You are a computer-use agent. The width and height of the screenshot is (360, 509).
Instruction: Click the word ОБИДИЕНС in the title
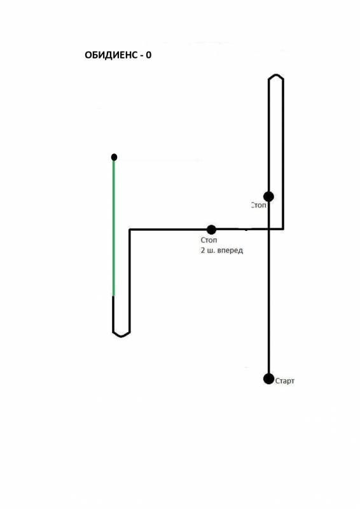pyautogui.click(x=111, y=55)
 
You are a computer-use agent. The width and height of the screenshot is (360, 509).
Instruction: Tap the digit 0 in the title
pyautogui.click(x=148, y=55)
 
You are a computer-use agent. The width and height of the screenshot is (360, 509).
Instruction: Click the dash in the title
pyautogui.click(x=142, y=56)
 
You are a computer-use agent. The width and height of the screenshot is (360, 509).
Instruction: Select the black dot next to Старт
pyautogui.click(x=269, y=379)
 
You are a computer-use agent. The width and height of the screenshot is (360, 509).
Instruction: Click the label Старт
pyautogui.click(x=285, y=381)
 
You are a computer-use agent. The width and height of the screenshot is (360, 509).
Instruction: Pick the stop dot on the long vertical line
pyautogui.click(x=269, y=197)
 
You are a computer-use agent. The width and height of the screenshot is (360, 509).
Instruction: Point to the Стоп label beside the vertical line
pyautogui.click(x=259, y=205)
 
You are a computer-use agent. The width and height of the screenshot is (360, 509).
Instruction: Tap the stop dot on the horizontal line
pyautogui.click(x=211, y=230)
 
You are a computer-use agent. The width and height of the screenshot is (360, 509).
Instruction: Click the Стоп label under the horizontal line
pyautogui.click(x=209, y=240)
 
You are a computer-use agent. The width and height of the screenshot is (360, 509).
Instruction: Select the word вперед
pyautogui.click(x=230, y=251)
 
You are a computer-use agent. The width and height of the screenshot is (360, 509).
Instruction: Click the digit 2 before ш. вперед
pyautogui.click(x=203, y=250)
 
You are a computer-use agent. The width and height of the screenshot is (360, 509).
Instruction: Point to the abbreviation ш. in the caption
pyautogui.click(x=211, y=251)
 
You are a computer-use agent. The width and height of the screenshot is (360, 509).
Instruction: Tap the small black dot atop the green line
pyautogui.click(x=114, y=157)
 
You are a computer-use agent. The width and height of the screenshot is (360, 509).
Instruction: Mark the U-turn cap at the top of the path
pyautogui.click(x=276, y=76)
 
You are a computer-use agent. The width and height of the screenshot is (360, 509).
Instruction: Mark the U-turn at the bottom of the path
pyautogui.click(x=121, y=334)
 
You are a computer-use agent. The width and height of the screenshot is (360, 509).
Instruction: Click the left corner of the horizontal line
pyautogui.click(x=130, y=230)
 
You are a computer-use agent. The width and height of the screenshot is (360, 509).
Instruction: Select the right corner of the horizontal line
pyautogui.click(x=284, y=229)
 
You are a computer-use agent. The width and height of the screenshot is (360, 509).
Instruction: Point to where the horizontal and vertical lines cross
pyautogui.click(x=269, y=230)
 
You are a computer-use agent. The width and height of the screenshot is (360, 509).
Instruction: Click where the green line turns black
pyautogui.click(x=114, y=296)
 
